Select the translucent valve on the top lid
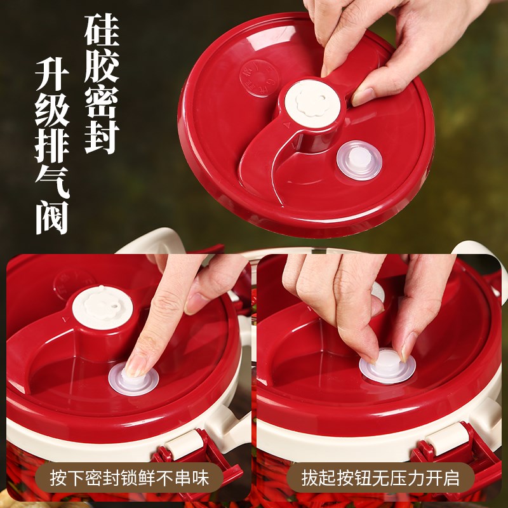359,160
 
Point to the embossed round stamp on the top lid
257,78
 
